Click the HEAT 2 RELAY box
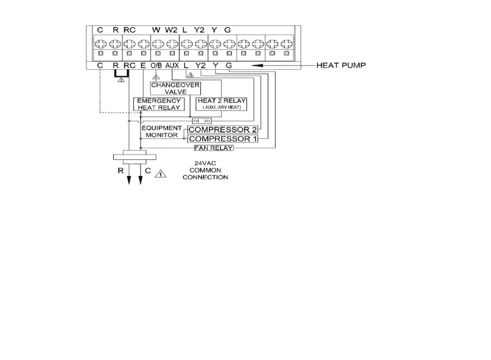[x=222, y=104]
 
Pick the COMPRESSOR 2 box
[x=223, y=130]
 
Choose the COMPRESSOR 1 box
[x=223, y=139]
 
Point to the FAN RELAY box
[x=213, y=148]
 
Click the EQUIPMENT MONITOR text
[x=162, y=131]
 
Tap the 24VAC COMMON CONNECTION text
[x=205, y=170]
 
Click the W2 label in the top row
[x=171, y=29]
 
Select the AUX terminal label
[x=171, y=66]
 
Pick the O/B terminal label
[x=156, y=66]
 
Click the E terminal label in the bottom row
[x=143, y=66]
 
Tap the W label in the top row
[x=156, y=29]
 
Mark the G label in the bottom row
[x=229, y=66]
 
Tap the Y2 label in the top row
[x=200, y=29]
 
